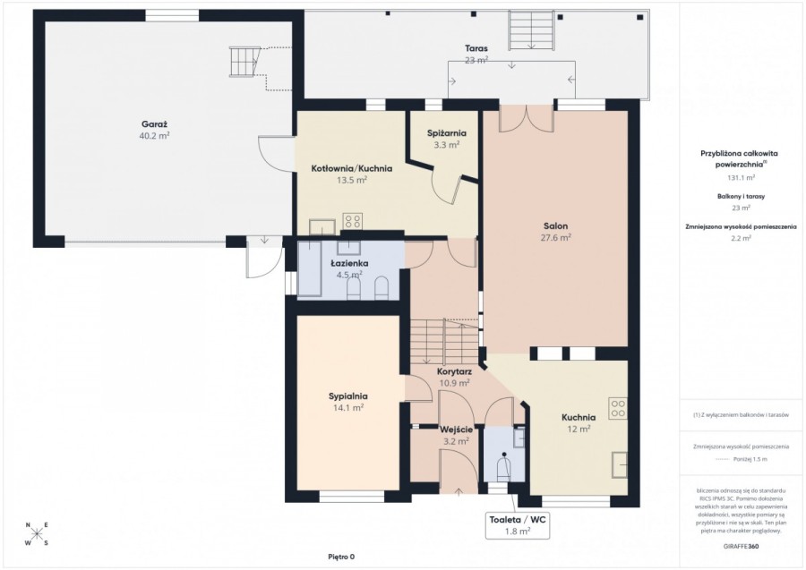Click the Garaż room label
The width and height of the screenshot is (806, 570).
pos(154,124)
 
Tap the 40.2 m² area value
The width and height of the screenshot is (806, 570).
pos(154,136)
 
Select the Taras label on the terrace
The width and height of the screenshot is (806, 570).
pos(476,48)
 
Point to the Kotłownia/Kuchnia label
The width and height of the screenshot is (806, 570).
pos(351,168)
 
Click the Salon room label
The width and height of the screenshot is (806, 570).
pos(555,225)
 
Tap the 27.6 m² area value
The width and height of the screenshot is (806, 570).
pos(555,237)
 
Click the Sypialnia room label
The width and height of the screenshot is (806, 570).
pos(347,396)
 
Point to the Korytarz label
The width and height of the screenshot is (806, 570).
pos(454,371)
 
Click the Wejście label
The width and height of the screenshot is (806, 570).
pos(457,430)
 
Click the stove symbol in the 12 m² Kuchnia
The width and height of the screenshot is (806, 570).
pos(618,408)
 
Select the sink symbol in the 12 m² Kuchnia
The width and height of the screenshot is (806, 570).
pos(621,465)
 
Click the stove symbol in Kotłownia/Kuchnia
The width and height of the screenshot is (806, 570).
pos(353,222)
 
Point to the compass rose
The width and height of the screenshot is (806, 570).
pos(36,533)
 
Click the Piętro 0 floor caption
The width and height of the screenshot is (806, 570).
pos(341,557)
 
